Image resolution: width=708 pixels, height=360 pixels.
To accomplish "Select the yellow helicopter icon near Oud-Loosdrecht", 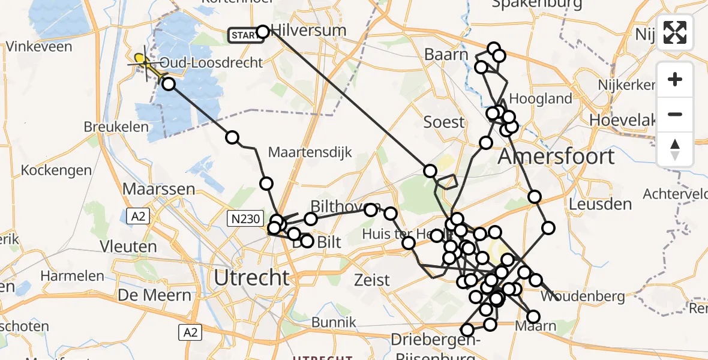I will [142, 61].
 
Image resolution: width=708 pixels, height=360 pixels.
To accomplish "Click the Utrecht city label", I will [252, 278].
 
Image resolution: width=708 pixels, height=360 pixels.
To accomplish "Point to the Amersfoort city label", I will [557, 157].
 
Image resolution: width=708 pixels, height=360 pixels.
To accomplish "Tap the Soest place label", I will [444, 122].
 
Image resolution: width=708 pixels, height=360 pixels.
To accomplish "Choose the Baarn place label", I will [446, 55].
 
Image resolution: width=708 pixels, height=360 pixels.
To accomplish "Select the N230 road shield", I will [244, 221].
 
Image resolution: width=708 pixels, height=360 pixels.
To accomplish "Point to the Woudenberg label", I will [583, 296].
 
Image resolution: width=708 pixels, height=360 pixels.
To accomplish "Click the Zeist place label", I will [371, 280].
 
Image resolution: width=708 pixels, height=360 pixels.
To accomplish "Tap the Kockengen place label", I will [56, 170].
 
